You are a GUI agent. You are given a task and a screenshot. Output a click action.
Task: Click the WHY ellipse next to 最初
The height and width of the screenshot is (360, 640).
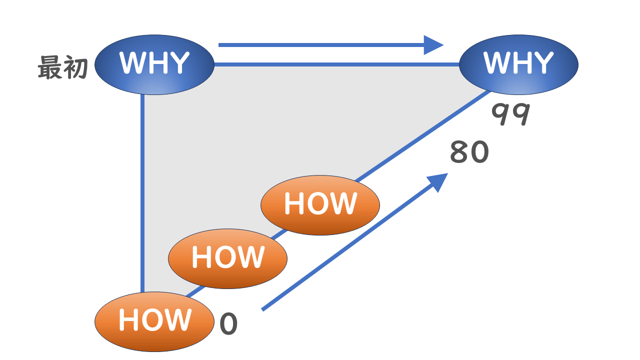click(154, 64)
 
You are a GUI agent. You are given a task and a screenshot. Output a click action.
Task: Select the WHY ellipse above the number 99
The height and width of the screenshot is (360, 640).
click(518, 64)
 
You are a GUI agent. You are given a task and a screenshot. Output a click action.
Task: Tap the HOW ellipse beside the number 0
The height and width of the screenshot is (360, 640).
click(154, 321)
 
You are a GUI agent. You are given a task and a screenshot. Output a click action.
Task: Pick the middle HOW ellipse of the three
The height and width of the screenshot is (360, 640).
click(227, 258)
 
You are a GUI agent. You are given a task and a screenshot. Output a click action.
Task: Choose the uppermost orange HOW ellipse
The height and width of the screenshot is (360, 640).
click(320, 204)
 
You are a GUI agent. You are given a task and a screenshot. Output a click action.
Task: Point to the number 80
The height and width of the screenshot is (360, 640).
click(469, 152)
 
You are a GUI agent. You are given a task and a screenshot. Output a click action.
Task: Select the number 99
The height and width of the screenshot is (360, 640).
click(510, 114)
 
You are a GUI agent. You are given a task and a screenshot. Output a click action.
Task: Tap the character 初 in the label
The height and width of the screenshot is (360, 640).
click(76, 68)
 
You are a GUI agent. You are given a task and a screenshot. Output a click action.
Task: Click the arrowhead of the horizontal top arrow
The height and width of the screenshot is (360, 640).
click(433, 45)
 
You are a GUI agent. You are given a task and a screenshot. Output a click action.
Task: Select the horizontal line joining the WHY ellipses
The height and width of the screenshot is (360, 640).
click(335, 64)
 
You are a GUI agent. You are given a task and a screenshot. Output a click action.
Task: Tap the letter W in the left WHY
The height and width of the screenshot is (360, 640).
click(132, 63)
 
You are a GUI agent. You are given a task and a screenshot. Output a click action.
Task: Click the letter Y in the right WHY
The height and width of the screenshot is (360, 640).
click(542, 63)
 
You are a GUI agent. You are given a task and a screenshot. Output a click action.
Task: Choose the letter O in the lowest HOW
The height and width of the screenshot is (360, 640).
click(154, 320)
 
